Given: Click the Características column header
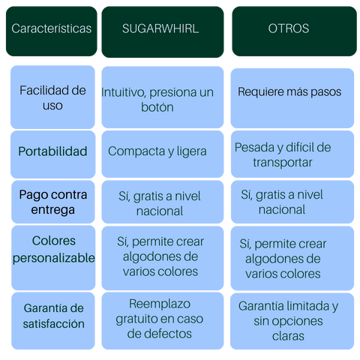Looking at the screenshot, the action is (52, 31).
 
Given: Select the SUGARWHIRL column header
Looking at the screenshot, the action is (163, 32).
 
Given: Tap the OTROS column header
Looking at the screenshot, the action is (294, 31).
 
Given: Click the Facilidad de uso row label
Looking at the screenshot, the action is (52, 97).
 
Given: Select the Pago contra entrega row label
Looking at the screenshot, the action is (53, 202).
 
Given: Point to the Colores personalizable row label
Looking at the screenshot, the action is (53, 257).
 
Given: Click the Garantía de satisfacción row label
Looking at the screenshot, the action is (53, 321).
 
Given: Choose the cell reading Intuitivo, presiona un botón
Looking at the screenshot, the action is (163, 97).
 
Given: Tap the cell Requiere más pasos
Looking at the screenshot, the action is (292, 98).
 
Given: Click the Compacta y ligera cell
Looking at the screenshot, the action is (163, 154).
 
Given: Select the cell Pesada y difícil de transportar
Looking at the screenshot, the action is (292, 154).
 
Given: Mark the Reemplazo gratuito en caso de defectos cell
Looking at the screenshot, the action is (163, 321).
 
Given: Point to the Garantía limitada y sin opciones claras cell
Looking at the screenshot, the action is (292, 321).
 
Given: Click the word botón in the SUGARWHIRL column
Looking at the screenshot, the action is (157, 107).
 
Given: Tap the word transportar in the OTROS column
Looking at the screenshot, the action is (283, 163).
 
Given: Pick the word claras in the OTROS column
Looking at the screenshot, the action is (288, 336).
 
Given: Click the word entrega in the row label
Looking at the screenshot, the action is (52, 210).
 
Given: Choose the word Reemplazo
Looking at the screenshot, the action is (160, 304).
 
